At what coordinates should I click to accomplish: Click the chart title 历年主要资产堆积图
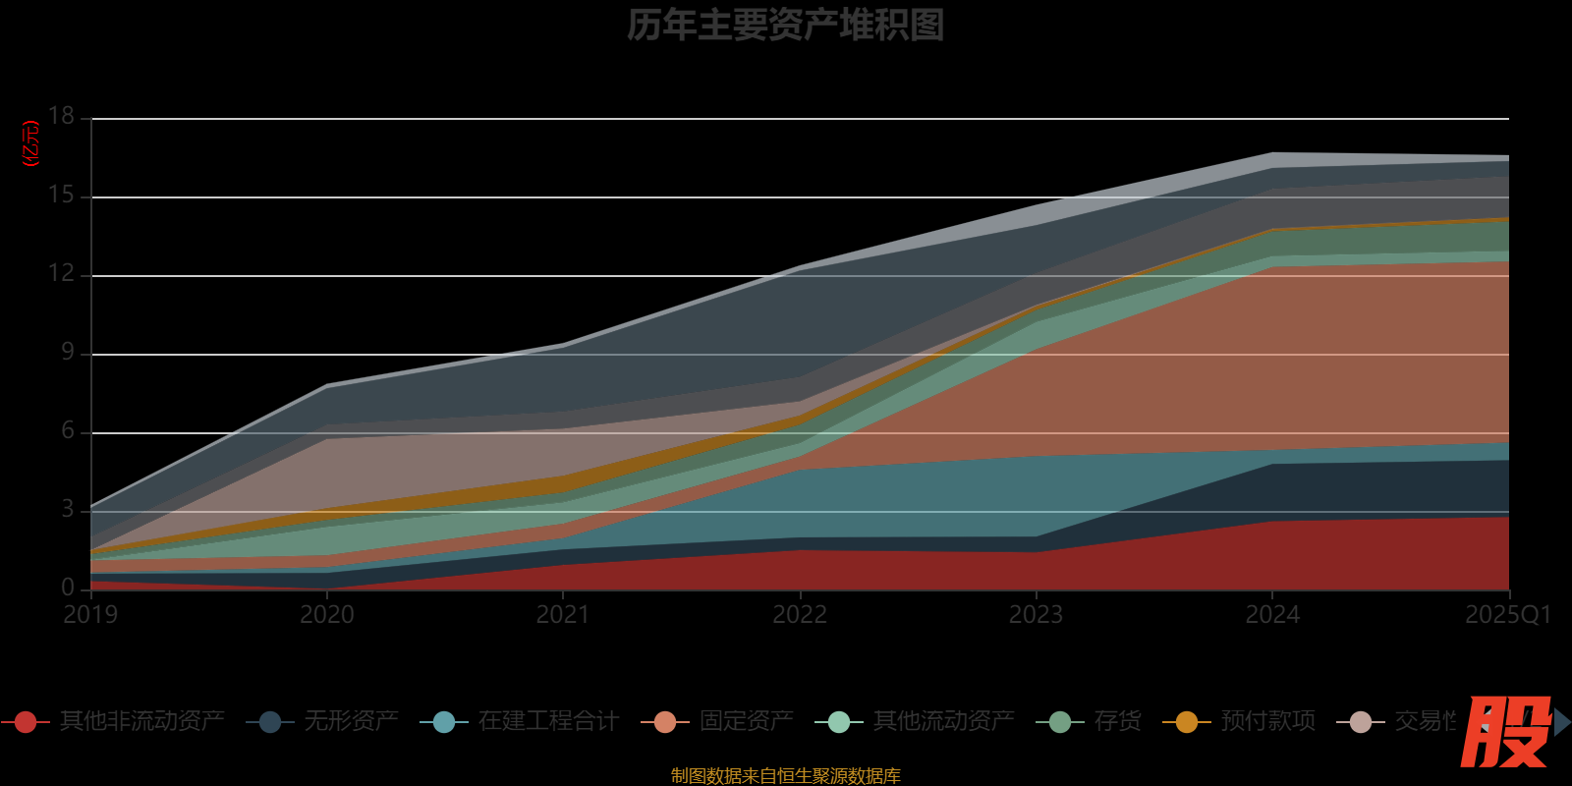click(785, 26)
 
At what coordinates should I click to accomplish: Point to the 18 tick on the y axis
click(62, 116)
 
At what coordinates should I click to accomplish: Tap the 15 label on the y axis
click(62, 195)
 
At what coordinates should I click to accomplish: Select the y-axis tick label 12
click(62, 273)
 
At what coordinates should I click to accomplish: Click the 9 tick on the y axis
click(68, 352)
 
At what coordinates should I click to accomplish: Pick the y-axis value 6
click(68, 430)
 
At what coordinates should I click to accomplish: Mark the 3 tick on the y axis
click(68, 509)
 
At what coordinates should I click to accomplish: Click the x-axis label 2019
click(90, 615)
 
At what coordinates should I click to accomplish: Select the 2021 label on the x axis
click(563, 615)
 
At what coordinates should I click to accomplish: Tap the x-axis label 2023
click(1036, 615)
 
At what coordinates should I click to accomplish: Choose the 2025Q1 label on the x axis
click(1507, 615)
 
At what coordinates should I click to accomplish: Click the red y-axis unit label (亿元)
click(30, 143)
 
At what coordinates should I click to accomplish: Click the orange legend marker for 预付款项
click(1187, 722)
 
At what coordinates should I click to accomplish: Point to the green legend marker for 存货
click(1060, 722)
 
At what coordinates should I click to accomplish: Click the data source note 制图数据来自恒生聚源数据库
click(785, 776)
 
